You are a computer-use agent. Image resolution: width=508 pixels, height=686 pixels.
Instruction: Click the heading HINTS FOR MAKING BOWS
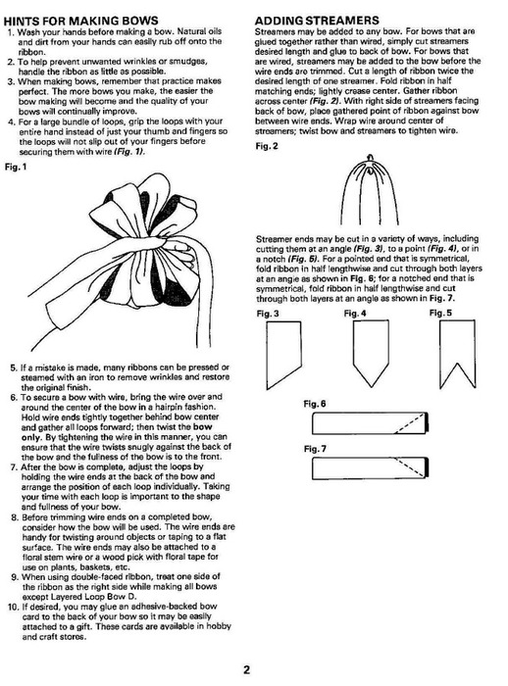(x=81, y=21)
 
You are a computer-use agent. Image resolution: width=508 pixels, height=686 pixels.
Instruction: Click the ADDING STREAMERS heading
(x=317, y=21)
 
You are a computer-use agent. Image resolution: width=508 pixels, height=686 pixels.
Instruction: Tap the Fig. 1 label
(x=17, y=167)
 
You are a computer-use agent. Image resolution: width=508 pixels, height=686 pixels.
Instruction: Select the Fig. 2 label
(x=267, y=146)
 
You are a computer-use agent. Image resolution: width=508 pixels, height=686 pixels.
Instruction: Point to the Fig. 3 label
(x=267, y=314)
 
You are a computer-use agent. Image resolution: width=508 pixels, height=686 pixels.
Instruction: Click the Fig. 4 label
(x=355, y=314)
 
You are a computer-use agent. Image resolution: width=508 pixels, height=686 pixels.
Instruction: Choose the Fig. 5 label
(x=440, y=313)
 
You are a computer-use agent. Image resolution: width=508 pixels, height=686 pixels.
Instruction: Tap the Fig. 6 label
(x=315, y=404)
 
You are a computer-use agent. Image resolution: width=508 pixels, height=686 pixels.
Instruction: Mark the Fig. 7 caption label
(x=315, y=449)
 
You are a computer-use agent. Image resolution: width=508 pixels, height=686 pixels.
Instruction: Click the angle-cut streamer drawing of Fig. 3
(x=283, y=355)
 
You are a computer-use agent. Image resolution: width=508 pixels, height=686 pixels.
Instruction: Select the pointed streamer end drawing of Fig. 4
(x=371, y=355)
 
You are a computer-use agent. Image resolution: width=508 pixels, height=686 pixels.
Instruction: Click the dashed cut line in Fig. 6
(x=410, y=423)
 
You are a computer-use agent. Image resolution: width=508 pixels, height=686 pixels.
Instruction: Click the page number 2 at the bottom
(x=247, y=669)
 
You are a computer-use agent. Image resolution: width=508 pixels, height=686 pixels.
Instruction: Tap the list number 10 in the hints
(x=13, y=607)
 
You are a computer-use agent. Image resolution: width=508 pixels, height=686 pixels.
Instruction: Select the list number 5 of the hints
(x=14, y=367)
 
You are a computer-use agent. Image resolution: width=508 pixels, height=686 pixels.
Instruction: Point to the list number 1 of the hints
(x=11, y=32)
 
